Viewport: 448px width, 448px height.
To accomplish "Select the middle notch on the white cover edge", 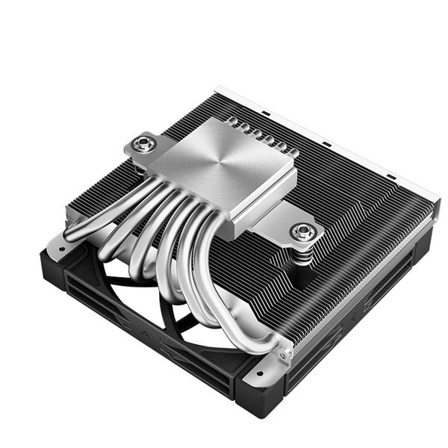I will (326, 143).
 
